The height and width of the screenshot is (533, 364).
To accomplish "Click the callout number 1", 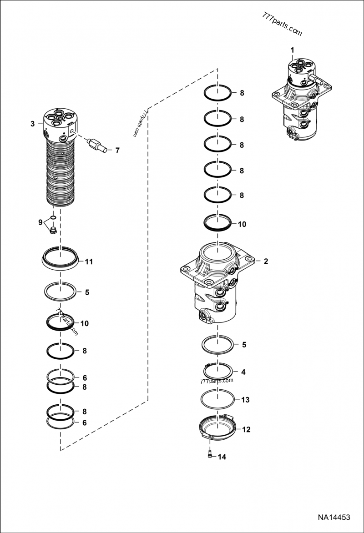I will (x=293, y=49).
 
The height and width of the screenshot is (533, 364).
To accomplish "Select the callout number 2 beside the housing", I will (x=266, y=261).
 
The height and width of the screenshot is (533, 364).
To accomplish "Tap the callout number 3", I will (x=32, y=124).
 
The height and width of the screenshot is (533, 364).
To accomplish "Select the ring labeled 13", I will (x=217, y=399).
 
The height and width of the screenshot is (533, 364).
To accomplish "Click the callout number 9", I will (x=40, y=222).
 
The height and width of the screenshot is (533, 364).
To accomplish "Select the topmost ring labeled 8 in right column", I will (x=217, y=93).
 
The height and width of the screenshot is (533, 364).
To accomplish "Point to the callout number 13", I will (x=245, y=400).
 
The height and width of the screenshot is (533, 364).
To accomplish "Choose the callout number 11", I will (x=89, y=261).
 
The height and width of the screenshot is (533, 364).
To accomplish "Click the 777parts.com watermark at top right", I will (x=282, y=25).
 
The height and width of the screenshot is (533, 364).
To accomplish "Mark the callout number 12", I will (x=246, y=429).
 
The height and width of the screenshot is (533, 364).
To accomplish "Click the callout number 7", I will (x=117, y=150).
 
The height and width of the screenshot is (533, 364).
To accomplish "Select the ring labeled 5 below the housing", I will (x=217, y=344).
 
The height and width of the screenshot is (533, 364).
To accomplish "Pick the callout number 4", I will (x=243, y=372).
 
